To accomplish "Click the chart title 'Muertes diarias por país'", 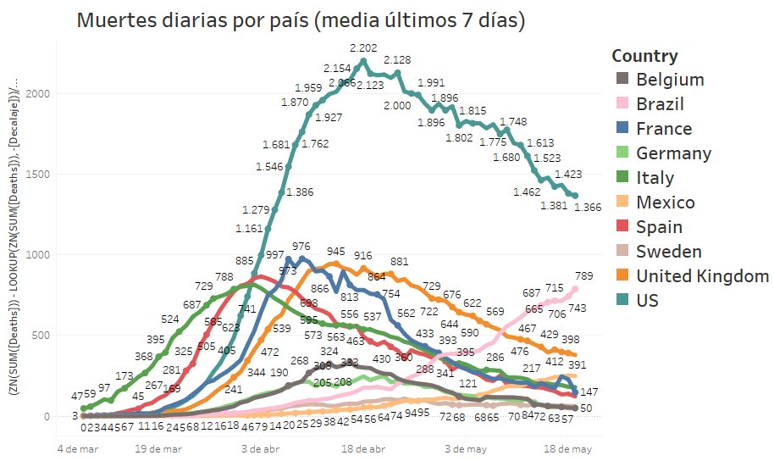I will point(301,21).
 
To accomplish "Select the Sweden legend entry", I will point(669,253).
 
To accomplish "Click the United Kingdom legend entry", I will point(702,277).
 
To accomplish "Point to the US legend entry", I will point(647,302).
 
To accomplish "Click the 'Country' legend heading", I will point(644,57).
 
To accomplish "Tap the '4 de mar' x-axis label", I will point(79,447).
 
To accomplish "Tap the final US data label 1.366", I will point(587,209).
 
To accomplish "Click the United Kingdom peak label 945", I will point(335,252).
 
